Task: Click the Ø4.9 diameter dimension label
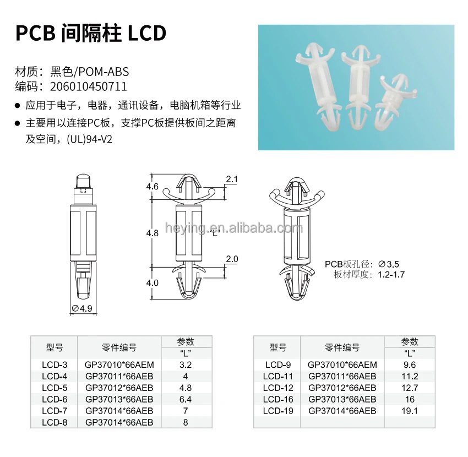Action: tap(83, 308)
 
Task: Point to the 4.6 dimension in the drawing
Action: tap(152, 187)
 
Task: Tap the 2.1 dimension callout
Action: tap(232, 179)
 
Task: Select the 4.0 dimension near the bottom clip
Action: tap(152, 282)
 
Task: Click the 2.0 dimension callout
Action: tap(232, 259)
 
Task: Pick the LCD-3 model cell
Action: tap(55, 364)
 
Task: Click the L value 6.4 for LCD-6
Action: tap(186, 399)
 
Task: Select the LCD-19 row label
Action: tap(278, 411)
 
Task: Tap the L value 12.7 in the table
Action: tap(410, 388)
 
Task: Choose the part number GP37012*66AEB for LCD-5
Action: tap(119, 388)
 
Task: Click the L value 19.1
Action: tap(410, 411)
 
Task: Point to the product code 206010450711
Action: tap(88, 86)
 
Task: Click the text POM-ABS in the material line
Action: tap(104, 72)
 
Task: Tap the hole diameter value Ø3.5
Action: tap(388, 264)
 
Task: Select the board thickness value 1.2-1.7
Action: tap(391, 275)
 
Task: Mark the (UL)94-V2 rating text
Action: tap(90, 139)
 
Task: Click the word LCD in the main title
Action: tap(147, 33)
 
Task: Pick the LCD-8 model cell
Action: tap(55, 423)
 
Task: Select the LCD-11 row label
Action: tap(278, 377)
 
